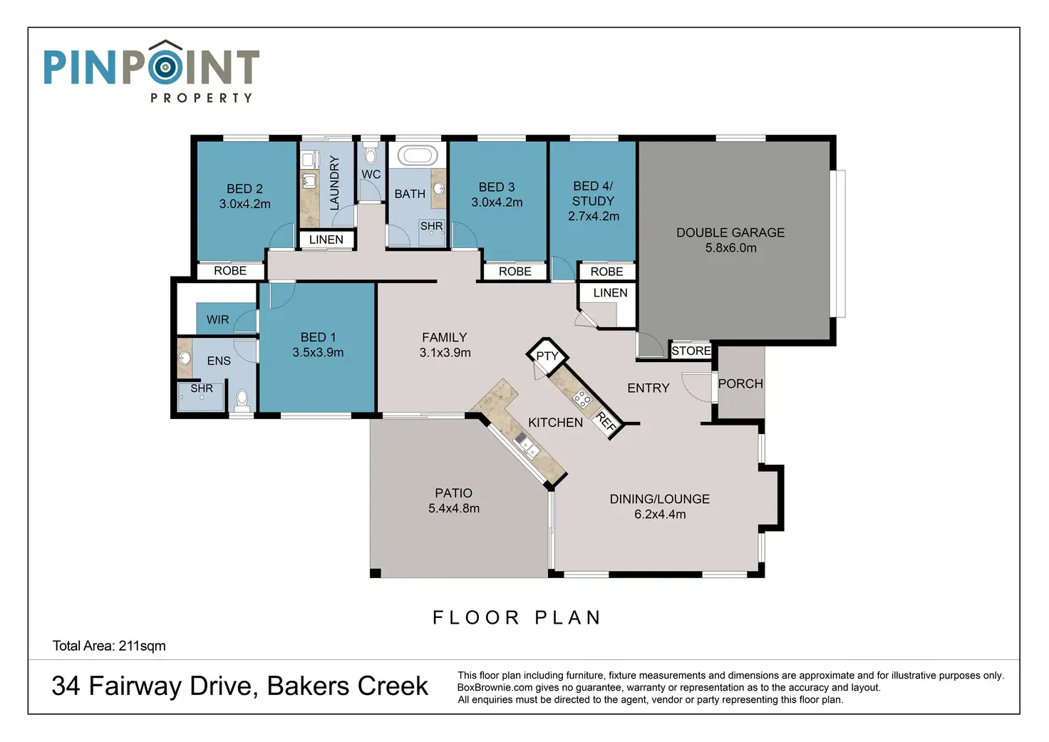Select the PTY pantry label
coord(547,356)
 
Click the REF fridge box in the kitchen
coord(606,422)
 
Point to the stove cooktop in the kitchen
coord(582,398)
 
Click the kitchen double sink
coord(527,445)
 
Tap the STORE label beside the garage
coord(691,351)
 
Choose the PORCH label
coord(740,383)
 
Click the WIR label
coord(218,319)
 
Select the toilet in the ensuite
coord(242,401)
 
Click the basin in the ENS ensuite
coord(185,359)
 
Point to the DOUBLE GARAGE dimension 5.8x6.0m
coord(730,248)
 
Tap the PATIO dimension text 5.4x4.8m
coord(454,508)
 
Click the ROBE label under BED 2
coord(230,271)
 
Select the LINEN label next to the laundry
coord(326,239)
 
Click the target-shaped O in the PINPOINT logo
coord(165,68)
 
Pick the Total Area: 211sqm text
coord(109,646)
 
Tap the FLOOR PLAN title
coord(517,617)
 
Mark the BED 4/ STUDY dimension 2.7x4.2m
coord(594,217)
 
